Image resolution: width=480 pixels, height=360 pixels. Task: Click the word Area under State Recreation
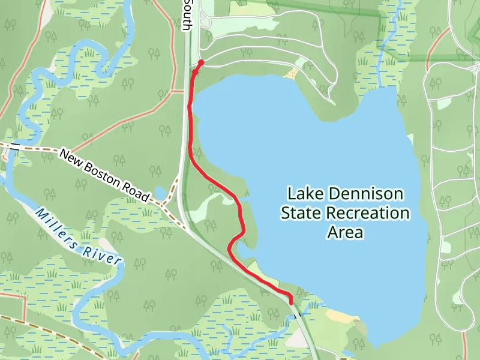345,232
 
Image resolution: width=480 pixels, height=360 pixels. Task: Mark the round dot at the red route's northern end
201,62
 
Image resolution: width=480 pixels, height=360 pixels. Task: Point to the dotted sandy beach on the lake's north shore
292,73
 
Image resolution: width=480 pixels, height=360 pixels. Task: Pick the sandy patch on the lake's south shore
340,316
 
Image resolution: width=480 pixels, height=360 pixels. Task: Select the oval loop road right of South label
206,23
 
